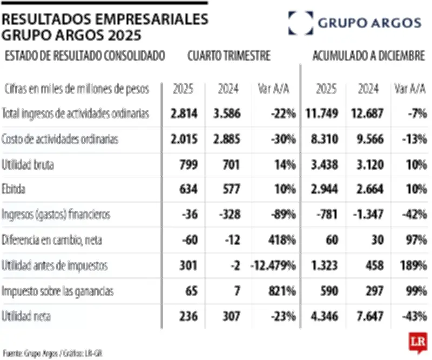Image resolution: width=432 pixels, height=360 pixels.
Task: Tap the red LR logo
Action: tap(417, 342)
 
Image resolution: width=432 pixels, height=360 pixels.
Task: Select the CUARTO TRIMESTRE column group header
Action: tap(229, 56)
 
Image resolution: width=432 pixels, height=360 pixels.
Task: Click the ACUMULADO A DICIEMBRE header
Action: tap(368, 56)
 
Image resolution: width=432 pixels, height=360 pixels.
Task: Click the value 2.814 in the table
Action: tap(185, 114)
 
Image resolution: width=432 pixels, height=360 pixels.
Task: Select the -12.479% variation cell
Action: tap(273, 265)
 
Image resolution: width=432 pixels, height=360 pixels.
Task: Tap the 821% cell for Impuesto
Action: tap(282, 291)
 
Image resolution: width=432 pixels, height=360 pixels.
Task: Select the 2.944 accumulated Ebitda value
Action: tap(325, 189)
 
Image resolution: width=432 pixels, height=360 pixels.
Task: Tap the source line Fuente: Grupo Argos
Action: tap(52, 352)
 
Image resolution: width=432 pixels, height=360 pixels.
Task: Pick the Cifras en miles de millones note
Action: tap(76, 88)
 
